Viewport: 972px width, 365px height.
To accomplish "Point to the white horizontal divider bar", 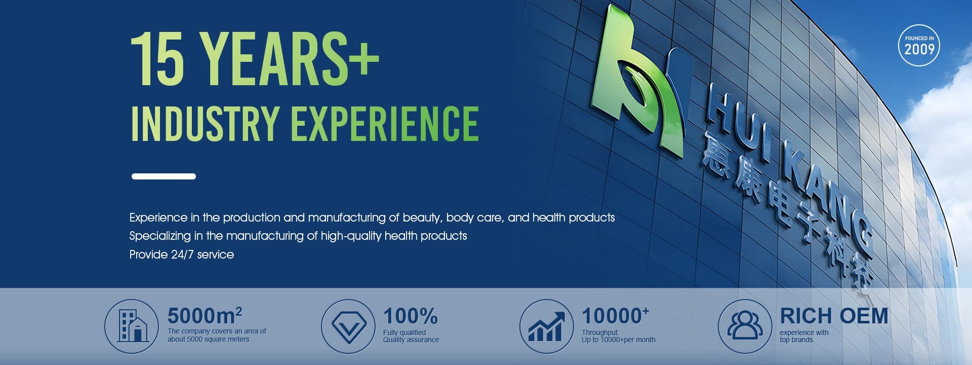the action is (x=164, y=176).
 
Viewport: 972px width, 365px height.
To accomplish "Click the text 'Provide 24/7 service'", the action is (x=182, y=254).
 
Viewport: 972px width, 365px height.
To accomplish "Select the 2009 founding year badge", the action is (x=919, y=45).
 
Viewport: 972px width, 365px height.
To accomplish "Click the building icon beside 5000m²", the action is (x=132, y=326).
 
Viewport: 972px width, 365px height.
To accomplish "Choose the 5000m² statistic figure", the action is (x=205, y=316).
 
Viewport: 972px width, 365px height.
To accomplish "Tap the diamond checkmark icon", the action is (x=348, y=326).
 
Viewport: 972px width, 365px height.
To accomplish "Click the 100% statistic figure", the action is (x=411, y=316).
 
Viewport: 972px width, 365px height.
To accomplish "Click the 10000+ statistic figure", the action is (x=616, y=316).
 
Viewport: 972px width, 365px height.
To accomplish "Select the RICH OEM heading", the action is (x=834, y=316).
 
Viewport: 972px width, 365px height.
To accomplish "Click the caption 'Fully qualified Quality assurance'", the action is (x=411, y=336).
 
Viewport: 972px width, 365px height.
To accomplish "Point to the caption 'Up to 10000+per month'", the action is (x=619, y=340).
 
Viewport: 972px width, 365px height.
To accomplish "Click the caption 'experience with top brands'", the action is (x=804, y=336).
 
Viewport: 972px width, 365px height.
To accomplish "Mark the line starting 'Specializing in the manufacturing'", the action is (x=298, y=236).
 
